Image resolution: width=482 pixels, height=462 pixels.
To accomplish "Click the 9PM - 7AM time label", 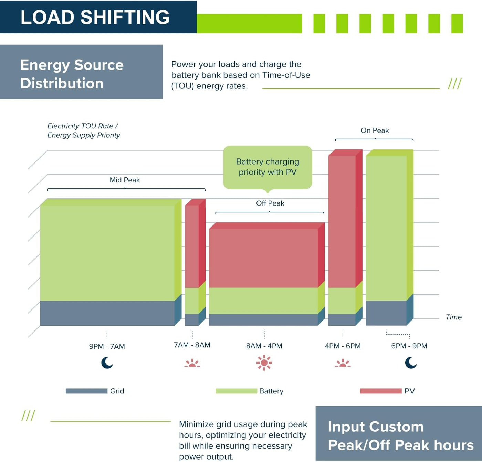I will (107, 346).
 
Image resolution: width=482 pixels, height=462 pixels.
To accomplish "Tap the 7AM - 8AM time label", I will (192, 345).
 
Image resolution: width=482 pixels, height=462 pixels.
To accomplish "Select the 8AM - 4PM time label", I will (264, 346).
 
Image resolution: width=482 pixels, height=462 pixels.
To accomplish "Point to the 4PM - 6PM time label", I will (343, 346).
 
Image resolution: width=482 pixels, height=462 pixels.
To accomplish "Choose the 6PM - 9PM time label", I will (409, 346).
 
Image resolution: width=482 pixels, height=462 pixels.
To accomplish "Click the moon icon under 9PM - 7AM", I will (107, 363).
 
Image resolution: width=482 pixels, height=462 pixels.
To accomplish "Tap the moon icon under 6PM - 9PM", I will (410, 363).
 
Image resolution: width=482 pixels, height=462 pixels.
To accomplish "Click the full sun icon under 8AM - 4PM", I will (264, 363).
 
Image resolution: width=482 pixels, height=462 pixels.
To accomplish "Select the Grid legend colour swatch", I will (86, 391).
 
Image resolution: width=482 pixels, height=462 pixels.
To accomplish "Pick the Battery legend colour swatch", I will (236, 391).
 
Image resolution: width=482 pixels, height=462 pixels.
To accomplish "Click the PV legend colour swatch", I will (380, 391).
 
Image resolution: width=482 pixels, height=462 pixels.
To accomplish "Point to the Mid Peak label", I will (125, 180).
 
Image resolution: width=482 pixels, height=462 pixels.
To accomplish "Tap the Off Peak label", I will (270, 203).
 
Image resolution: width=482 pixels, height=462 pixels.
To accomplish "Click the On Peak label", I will (375, 130).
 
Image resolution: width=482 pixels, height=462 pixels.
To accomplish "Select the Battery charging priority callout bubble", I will (268, 167).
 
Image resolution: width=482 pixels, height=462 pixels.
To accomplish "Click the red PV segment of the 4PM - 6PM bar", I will (342, 220).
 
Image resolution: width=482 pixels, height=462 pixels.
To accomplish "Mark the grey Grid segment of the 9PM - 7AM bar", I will (107, 313).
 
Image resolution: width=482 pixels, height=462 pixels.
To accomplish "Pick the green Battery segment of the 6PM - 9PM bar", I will (386, 227).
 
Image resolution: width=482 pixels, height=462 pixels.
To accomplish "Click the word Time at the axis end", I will (453, 317).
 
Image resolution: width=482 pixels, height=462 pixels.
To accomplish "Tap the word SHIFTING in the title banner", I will (125, 17).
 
